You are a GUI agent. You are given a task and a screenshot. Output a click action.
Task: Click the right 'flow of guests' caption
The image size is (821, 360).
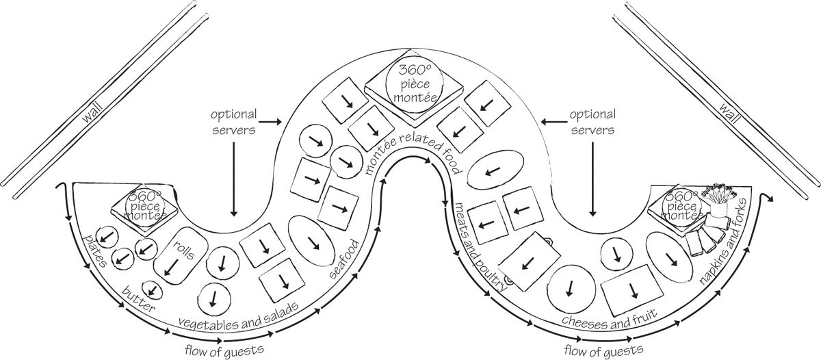603,350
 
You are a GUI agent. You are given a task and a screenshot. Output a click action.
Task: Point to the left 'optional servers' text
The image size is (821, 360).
234,121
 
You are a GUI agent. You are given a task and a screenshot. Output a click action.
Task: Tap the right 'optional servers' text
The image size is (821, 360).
592,121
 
